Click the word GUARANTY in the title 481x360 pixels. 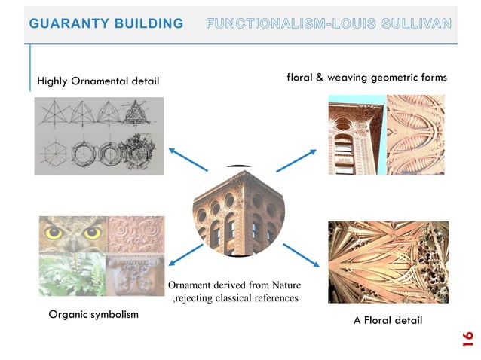(x=64, y=23)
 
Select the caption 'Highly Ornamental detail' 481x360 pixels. (x=98, y=81)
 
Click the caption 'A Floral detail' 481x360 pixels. (x=388, y=320)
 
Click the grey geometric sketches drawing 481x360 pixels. (x=99, y=136)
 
